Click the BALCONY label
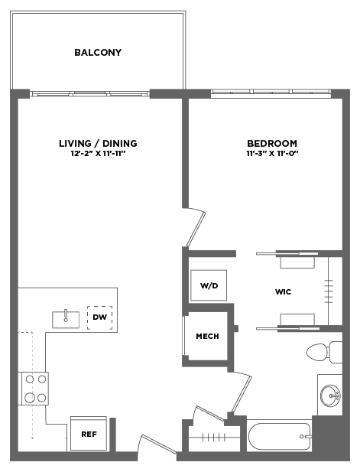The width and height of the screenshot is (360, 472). pyautogui.click(x=98, y=52)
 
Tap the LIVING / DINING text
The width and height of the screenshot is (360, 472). pyautogui.click(x=98, y=143)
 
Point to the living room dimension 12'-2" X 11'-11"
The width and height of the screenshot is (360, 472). pyautogui.click(x=98, y=154)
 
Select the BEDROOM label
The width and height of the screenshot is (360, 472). pyautogui.click(x=272, y=143)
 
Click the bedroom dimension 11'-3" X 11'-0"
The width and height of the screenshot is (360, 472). pyautogui.click(x=272, y=154)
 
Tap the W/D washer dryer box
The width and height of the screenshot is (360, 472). pyautogui.click(x=209, y=285)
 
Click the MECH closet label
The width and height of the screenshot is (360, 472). pyautogui.click(x=208, y=336)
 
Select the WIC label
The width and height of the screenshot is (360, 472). pyautogui.click(x=283, y=291)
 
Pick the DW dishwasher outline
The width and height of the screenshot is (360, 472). pyautogui.click(x=100, y=317)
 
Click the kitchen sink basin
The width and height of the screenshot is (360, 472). pyautogui.click(x=66, y=319)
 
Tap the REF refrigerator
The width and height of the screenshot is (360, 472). pyautogui.click(x=89, y=434)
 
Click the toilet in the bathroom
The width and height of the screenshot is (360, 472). pyautogui.click(x=324, y=352)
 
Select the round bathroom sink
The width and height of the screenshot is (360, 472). pyautogui.click(x=330, y=396)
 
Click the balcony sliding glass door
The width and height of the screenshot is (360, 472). pyautogui.click(x=89, y=94)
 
